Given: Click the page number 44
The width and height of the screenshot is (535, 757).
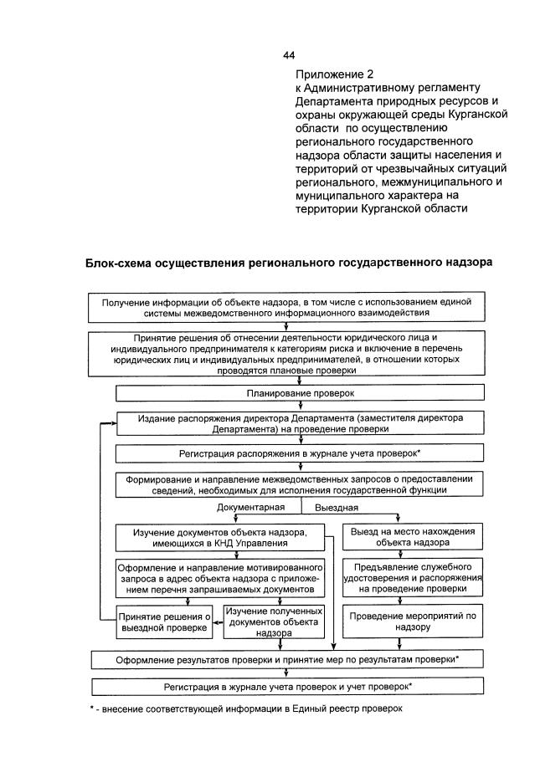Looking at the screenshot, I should coord(289,55).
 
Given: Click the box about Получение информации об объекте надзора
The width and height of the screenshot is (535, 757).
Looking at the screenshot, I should coord(288,307).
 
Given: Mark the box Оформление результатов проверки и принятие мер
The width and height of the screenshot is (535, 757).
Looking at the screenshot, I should coord(288,659).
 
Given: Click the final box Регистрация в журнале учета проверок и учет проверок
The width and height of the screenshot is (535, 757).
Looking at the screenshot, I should coord(288,686).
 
